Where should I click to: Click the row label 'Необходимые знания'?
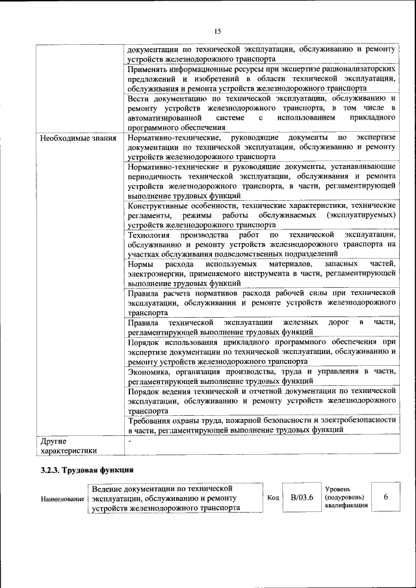[77, 138]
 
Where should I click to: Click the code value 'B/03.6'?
[302, 498]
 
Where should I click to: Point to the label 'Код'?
[273, 498]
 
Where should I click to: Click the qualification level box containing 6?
[385, 498]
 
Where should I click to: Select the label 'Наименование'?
[63, 499]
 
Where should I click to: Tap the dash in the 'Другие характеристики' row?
[130, 441]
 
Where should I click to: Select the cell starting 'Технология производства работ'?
[262, 244]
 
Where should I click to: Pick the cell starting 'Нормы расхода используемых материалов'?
[262, 273]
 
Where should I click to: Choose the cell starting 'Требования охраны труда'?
[262, 425]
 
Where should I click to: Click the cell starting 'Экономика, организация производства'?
[262, 375]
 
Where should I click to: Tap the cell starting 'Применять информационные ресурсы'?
[262, 77]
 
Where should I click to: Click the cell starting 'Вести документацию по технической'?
[262, 112]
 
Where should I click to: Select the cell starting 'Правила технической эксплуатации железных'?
[262, 327]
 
